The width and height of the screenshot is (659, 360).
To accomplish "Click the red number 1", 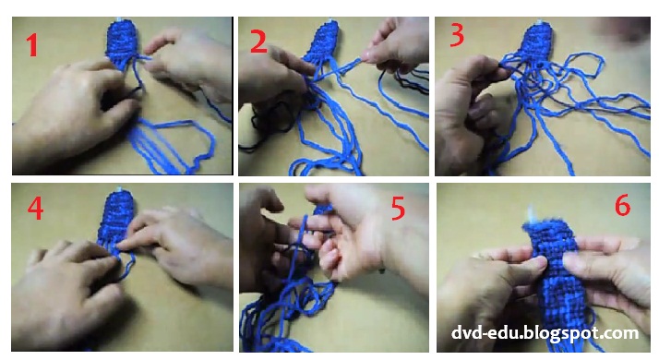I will tap(32, 43).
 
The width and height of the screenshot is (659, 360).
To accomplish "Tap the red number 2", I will tap(258, 41).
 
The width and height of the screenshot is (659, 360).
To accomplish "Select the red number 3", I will tap(456, 38).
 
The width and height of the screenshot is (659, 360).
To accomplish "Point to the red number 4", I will tap(35, 210).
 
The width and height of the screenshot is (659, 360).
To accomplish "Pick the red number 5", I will tap(398, 209).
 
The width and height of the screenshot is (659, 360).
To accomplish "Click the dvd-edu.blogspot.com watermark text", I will tap(545, 332).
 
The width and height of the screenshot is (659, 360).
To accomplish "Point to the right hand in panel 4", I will tap(180, 240).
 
